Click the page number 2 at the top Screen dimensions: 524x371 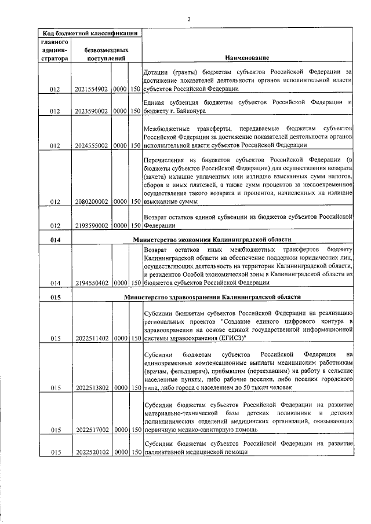coord(189,19)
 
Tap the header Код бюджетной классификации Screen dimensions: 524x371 coord(89,34)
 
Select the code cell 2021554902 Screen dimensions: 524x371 coord(92,90)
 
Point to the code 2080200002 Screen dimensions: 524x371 coord(92,202)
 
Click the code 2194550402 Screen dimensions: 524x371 coord(92,283)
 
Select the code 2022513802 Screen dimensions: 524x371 coord(92,388)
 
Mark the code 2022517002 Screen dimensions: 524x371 coord(92,430)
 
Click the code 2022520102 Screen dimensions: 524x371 coord(92,452)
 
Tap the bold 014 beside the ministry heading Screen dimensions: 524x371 coord(54,240)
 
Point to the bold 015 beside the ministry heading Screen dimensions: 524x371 coord(54,296)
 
